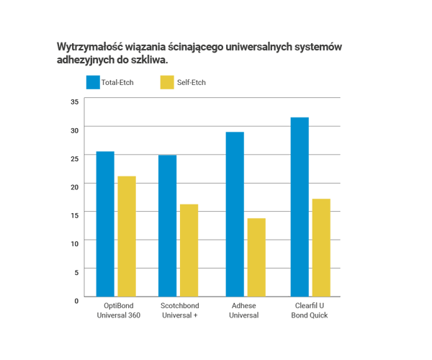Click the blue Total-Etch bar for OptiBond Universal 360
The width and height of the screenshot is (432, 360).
(105, 224)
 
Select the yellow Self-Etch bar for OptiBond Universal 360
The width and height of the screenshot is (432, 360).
(127, 236)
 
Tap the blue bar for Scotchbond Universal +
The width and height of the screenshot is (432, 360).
(168, 226)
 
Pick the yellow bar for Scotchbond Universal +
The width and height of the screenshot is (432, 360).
(189, 250)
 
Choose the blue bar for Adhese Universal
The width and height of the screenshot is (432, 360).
(235, 215)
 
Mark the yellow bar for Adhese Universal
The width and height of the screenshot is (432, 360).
(256, 257)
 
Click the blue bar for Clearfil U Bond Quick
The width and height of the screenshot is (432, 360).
(300, 207)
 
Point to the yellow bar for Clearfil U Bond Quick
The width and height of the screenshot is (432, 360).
(321, 247)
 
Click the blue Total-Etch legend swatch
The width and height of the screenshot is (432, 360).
(93, 82)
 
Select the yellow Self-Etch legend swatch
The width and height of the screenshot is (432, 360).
(167, 82)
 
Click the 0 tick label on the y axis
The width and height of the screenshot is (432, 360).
(76, 298)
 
